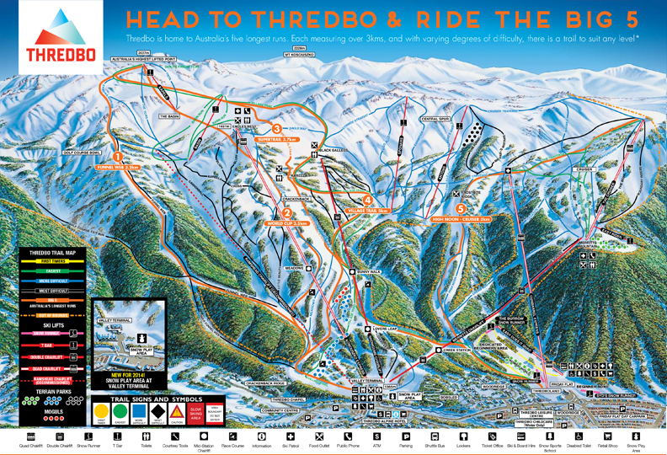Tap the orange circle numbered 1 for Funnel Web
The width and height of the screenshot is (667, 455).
click(118, 156)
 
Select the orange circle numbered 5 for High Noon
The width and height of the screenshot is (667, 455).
click(460, 208)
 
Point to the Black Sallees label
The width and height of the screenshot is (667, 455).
click(334, 151)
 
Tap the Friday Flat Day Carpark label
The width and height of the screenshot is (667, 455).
click(605, 414)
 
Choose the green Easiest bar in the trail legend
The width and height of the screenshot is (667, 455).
click(54, 271)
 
